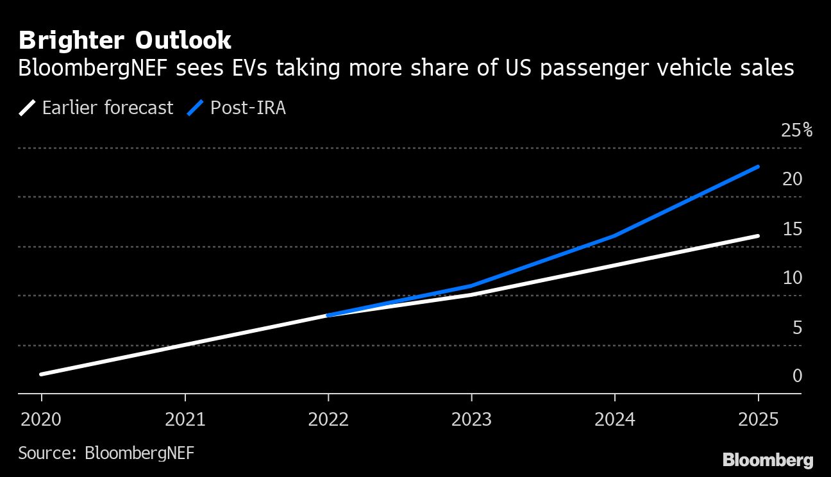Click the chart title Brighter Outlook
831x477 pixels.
[125, 40]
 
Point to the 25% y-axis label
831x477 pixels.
[796, 131]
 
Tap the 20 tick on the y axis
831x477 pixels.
[793, 180]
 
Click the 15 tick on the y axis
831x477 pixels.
[793, 229]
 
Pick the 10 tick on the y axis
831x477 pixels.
[793, 278]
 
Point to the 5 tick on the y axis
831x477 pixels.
[797, 328]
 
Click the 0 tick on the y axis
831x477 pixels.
[797, 376]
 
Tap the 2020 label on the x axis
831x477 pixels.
[41, 420]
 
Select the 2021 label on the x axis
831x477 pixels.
[185, 420]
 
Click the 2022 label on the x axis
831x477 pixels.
[328, 420]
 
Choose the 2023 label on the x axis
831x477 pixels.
[472, 420]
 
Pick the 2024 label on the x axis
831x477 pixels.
[615, 420]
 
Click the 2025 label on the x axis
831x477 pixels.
[759, 420]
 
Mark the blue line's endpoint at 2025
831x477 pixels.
[759, 167]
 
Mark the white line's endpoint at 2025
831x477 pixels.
[759, 236]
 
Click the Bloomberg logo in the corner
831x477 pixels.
[768, 460]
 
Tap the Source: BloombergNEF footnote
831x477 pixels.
[106, 453]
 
